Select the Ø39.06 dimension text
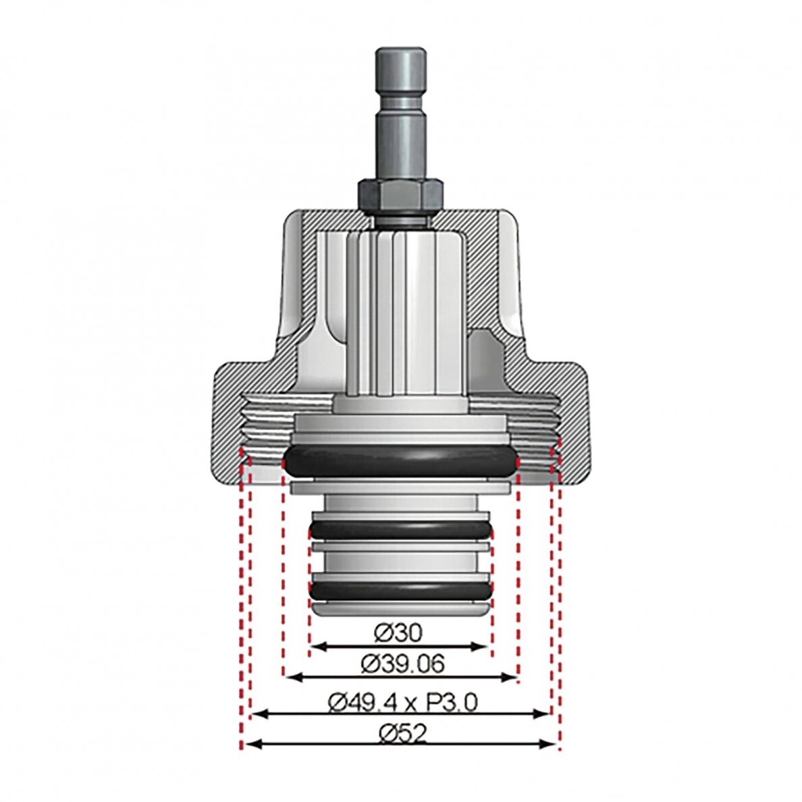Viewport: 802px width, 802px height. coord(402,664)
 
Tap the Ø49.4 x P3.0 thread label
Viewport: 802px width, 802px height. coord(402,703)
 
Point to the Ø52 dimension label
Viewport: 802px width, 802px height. coord(402,734)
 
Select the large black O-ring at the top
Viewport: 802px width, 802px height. coord(401,460)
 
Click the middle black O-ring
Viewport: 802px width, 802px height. coord(401,530)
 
